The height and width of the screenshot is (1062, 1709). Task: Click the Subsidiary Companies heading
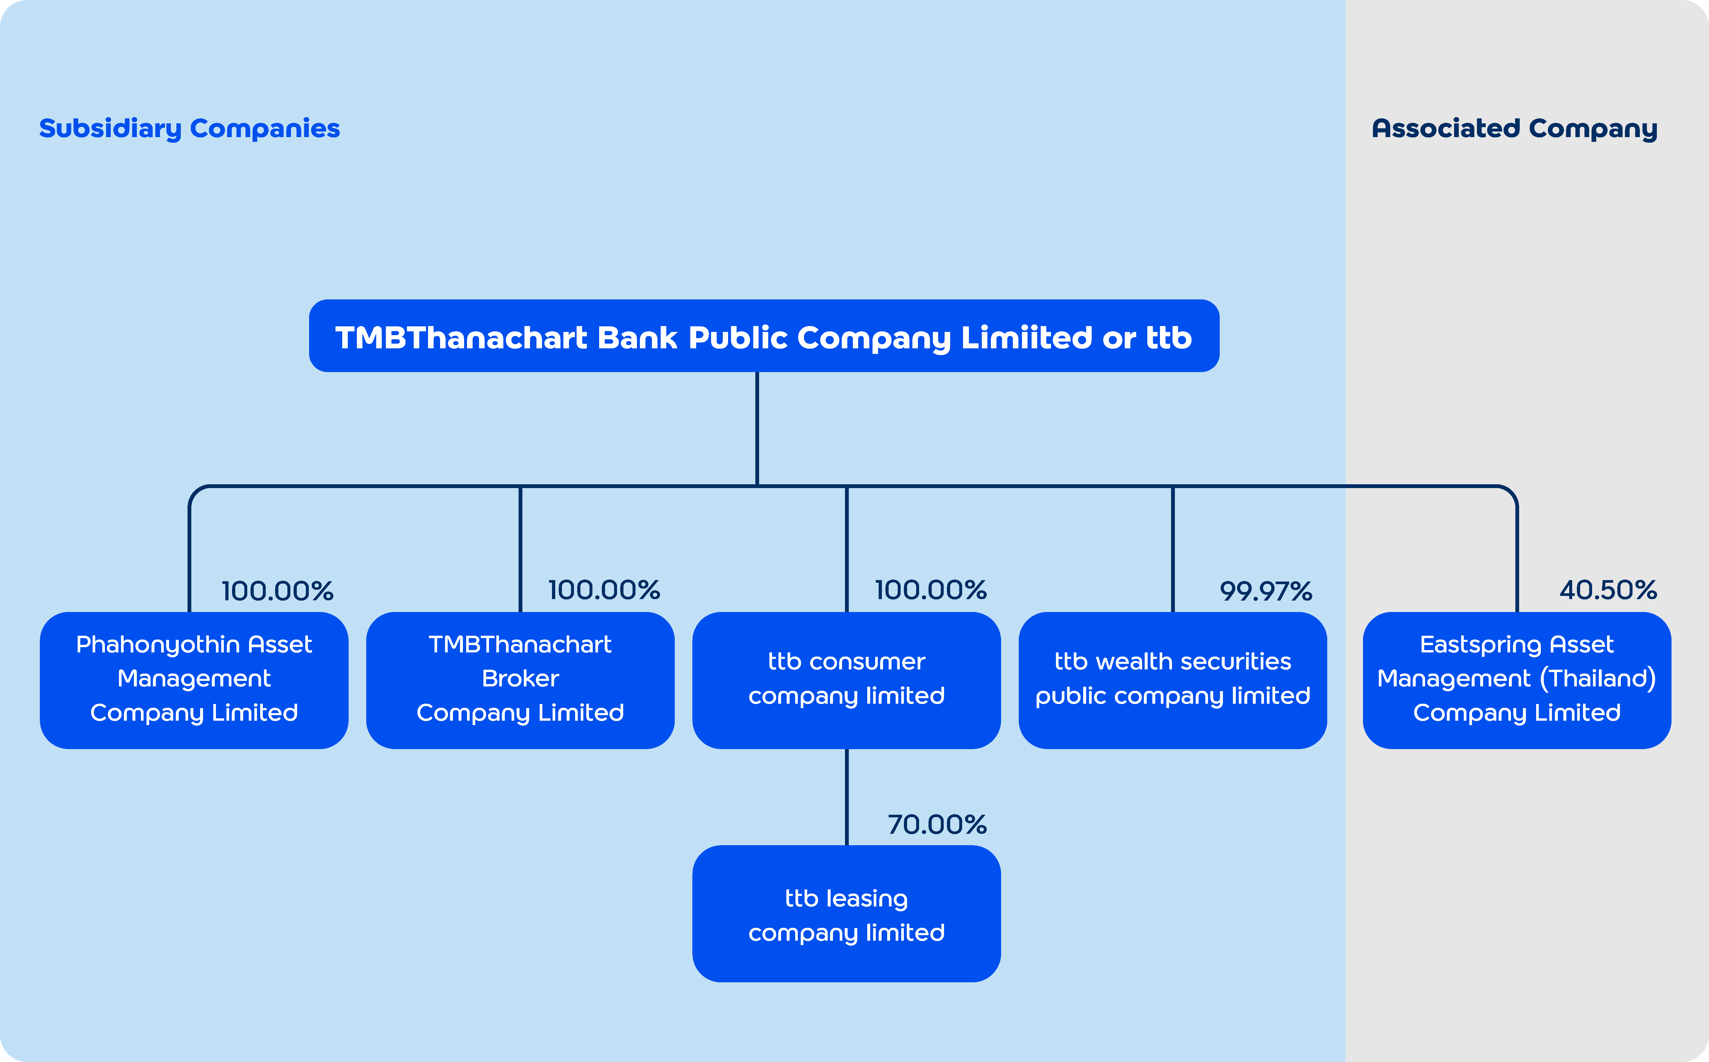(190, 129)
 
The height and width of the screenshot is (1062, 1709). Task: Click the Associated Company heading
(1514, 129)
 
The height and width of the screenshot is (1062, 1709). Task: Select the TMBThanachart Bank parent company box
(764, 336)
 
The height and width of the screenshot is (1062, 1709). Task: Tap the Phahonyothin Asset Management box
(194, 680)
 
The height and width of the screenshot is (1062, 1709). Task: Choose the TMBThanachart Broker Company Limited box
(521, 680)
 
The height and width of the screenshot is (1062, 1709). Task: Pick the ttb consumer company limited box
(846, 680)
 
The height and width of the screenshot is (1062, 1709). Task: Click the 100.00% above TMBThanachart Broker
(604, 590)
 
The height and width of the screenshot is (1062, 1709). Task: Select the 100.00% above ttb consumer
(931, 590)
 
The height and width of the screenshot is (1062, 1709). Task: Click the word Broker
(521, 679)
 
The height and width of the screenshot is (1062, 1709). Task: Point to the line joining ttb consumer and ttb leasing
(846, 797)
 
